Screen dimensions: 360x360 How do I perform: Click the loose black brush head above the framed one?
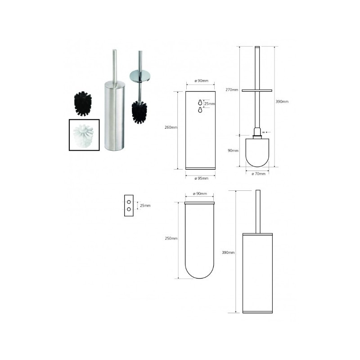coord(83,103)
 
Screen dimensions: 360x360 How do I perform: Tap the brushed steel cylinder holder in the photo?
coord(115,117)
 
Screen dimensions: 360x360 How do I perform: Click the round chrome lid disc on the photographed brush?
coord(140,76)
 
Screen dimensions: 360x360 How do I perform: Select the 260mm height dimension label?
coord(171,127)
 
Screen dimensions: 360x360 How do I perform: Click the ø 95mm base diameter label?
coord(201,178)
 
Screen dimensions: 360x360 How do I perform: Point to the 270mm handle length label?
coord(232,90)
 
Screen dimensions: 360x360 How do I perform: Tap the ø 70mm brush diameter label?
coord(258,174)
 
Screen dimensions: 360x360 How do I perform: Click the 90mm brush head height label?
coord(233,151)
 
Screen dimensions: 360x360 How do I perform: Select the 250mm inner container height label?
coord(171,238)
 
